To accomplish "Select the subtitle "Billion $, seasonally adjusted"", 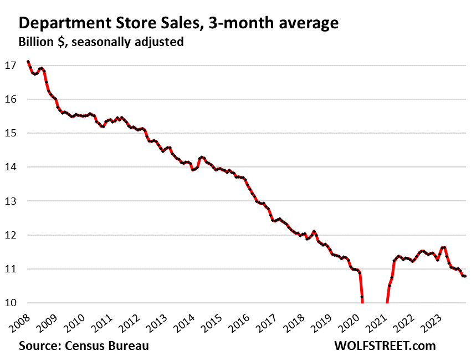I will coord(101,42).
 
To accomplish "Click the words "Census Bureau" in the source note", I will coord(106,346).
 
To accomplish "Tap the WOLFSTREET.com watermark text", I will coord(385,346).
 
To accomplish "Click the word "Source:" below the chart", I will coord(39,346).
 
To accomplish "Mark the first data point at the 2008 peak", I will coord(28,62).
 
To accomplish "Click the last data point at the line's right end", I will coord(465,276).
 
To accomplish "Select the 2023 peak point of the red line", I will coord(444,247).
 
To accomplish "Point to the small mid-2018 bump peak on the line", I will coord(314,231).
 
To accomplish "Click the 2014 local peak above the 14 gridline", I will coord(202,157).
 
